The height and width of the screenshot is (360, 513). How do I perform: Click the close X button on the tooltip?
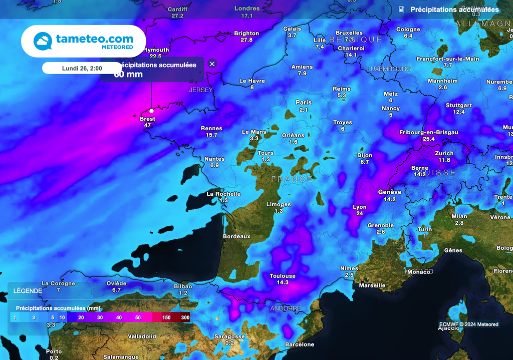pos(212,64)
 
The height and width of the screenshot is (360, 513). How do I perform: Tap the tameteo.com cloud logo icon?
pos(43,41)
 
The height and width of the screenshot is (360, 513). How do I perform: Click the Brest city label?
pos(147,119)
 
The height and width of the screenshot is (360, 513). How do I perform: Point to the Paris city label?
pos(304,103)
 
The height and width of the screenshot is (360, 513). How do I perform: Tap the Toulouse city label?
pos(283,276)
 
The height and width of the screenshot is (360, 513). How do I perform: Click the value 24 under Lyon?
pos(360,213)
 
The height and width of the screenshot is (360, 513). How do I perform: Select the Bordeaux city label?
pos(236,236)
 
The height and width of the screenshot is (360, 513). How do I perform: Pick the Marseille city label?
pos(373,285)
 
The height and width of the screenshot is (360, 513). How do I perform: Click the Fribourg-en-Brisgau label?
pos(428,132)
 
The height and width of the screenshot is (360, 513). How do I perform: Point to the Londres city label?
pos(247,9)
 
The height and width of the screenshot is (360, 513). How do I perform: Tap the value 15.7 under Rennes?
pos(211,135)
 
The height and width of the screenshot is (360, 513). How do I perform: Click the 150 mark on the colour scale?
pos(166,317)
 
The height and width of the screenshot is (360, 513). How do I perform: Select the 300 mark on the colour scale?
pos(185,317)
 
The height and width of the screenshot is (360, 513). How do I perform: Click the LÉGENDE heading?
pos(28,291)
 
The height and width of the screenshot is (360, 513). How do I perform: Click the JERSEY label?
pos(201,90)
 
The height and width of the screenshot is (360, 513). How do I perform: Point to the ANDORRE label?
pos(286,308)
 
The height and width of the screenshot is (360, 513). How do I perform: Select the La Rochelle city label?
pos(224,194)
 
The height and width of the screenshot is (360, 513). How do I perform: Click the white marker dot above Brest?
pos(152,111)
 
